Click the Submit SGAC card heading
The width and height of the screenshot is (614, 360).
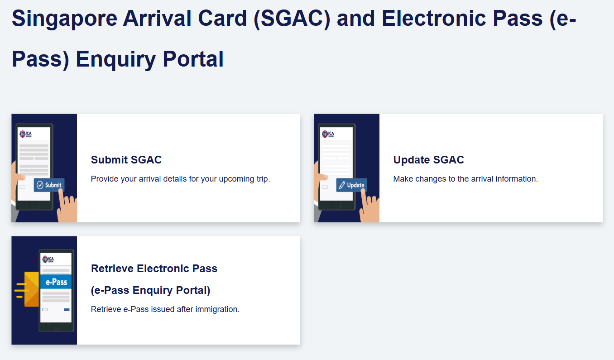(x=126, y=159)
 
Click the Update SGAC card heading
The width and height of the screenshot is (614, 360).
(x=428, y=159)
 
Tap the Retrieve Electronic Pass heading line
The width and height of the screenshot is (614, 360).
(x=154, y=269)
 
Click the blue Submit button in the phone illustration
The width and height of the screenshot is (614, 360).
(x=49, y=185)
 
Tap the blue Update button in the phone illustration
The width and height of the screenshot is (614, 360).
(x=352, y=185)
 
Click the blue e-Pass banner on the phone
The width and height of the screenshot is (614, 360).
(x=56, y=282)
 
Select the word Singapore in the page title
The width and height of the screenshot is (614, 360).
(x=64, y=19)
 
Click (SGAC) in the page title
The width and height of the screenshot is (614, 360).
(x=292, y=19)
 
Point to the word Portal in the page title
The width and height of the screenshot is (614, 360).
(x=193, y=59)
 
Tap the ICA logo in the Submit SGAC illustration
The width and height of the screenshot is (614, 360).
(x=25, y=134)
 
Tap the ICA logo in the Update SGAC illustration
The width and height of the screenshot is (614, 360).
(x=328, y=134)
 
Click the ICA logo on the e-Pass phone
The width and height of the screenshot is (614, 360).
(x=48, y=259)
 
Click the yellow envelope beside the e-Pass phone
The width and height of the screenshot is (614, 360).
(x=32, y=289)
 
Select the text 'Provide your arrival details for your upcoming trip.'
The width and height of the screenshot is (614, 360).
(x=180, y=179)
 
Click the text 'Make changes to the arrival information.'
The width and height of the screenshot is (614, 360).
(x=465, y=179)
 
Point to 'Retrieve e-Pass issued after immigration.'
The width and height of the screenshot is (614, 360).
(x=165, y=309)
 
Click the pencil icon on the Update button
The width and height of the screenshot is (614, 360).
(x=342, y=185)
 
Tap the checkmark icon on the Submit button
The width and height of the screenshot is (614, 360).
(x=40, y=185)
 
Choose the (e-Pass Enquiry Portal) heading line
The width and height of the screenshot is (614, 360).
(x=150, y=290)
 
